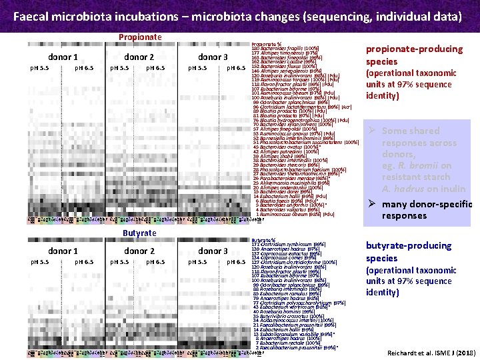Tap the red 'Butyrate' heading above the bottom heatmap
click(139, 233)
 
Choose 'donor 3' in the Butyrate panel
click(213, 251)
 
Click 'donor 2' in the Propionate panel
click(139, 57)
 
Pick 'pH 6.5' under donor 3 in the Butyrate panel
click(235, 263)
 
